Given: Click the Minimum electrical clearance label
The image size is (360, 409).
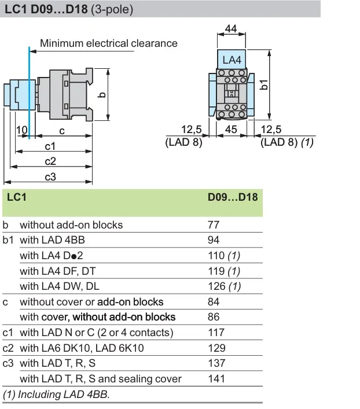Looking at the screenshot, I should (109, 43).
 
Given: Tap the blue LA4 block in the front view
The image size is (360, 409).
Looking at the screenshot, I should (232, 60).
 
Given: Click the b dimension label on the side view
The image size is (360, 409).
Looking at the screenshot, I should (101, 95).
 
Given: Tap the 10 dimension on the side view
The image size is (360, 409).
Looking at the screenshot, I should (21, 131).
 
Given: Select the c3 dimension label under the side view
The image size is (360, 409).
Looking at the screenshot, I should (50, 177).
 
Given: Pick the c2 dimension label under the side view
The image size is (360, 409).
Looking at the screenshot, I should (50, 161).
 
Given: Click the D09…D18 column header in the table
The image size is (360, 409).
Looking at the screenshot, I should (233, 197).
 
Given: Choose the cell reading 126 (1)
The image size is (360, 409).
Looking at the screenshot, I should (225, 286).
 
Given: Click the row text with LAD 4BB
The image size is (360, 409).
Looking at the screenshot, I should (52, 240).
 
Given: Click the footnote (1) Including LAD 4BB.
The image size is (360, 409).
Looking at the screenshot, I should (56, 395).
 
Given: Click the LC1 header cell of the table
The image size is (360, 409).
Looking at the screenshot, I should (17, 197).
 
